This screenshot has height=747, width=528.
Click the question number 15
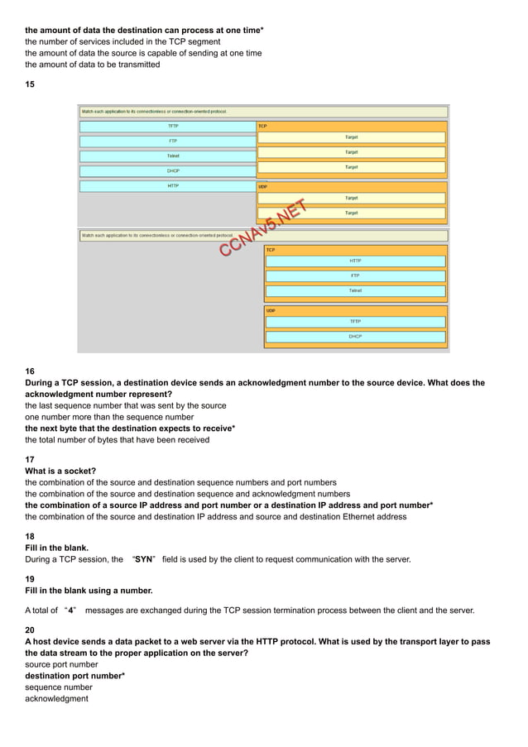click(x=30, y=84)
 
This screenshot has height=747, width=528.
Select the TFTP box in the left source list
click(x=172, y=127)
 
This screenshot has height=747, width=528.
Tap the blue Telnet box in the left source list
click(x=172, y=156)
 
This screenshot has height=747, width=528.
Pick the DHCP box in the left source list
click(x=172, y=171)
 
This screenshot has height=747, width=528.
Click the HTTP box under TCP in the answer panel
click(x=355, y=261)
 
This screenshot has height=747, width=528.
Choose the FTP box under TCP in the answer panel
click(x=355, y=275)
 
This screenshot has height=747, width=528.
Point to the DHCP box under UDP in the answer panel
click(x=355, y=337)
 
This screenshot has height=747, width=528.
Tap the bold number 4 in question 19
click(x=72, y=611)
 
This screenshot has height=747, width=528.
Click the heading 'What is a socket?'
click(x=60, y=471)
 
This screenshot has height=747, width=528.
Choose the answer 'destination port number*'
click(x=74, y=676)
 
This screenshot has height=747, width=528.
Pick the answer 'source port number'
click(x=61, y=664)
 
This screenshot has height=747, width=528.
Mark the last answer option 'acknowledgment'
click(x=56, y=699)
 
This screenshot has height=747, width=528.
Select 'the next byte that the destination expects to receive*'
click(x=130, y=429)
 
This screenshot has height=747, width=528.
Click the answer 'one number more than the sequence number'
click(x=109, y=418)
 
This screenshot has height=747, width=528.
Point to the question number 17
click(x=30, y=459)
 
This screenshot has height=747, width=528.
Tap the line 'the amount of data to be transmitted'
click(x=93, y=65)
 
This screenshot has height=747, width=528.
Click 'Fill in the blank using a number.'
click(x=89, y=591)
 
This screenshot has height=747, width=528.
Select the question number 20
click(x=30, y=630)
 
